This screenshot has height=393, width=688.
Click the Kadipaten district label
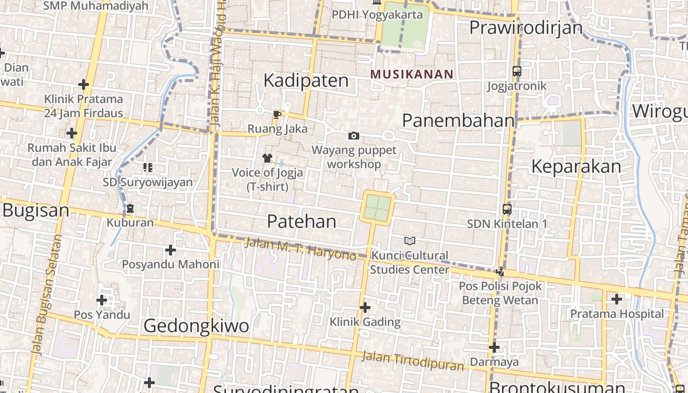(306, 81)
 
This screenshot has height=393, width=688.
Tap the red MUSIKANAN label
(412, 74)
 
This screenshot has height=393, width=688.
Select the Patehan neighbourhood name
(302, 222)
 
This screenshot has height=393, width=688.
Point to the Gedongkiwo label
(197, 326)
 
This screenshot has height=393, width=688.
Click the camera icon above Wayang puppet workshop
(353, 136)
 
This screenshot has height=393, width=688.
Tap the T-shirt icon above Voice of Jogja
(267, 158)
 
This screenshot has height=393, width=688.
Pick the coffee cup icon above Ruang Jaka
(277, 115)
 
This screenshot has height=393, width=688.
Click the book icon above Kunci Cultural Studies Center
(409, 241)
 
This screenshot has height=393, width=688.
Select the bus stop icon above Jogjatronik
(516, 71)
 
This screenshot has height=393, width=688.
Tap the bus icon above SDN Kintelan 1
(507, 209)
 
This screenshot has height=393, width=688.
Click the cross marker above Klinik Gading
(365, 308)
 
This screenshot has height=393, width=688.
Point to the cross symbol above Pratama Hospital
(616, 299)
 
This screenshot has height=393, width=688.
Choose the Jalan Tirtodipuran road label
(412, 361)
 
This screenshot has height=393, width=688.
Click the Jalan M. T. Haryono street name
(300, 249)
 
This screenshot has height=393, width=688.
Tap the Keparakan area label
(576, 167)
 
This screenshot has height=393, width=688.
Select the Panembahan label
(458, 120)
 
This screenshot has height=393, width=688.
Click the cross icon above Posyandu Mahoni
(170, 251)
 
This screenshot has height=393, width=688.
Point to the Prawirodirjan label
(526, 28)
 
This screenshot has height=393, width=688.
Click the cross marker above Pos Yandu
(102, 300)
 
